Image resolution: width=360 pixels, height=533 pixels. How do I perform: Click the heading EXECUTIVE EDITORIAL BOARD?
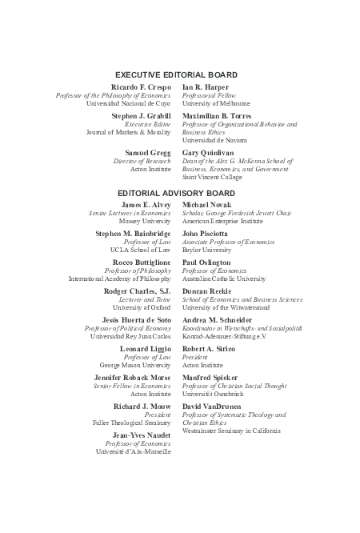[177, 74]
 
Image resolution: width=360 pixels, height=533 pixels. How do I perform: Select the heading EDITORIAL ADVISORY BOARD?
[177, 194]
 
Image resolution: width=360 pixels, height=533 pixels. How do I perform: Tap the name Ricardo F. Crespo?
[141, 86]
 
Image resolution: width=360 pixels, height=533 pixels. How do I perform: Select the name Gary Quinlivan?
[210, 152]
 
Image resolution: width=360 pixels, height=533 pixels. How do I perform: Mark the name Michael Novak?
[207, 206]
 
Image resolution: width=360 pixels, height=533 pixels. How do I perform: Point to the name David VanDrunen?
[214, 406]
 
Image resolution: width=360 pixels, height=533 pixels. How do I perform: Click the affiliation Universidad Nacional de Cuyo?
[128, 104]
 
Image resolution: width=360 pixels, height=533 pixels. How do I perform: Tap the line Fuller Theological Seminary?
[132, 423]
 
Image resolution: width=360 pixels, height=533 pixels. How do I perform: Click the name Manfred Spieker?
[210, 377]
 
